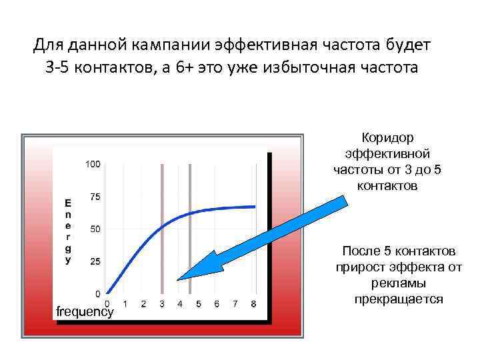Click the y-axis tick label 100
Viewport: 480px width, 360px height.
93,164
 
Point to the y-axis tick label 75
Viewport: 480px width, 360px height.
95,197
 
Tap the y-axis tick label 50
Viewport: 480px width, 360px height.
95,229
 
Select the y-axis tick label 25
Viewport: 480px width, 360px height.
95,262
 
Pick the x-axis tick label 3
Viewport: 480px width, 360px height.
162,304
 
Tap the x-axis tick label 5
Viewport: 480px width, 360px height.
199,304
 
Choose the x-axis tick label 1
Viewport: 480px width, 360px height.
125,304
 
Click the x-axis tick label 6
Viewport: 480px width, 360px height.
217,304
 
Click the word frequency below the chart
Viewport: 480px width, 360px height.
85,312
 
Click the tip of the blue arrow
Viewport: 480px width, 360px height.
179,278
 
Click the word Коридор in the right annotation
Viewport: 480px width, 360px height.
387,137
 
